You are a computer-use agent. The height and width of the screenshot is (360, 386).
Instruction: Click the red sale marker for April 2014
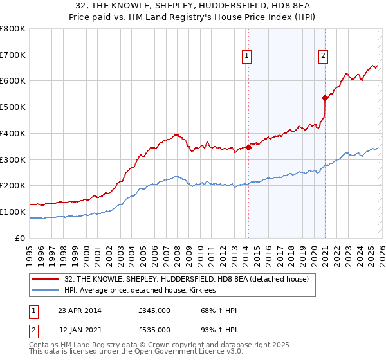248,147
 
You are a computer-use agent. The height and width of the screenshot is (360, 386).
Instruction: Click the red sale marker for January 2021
325,98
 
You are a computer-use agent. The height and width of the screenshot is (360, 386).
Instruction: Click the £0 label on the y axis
21,238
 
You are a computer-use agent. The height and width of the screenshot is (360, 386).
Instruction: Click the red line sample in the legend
46,279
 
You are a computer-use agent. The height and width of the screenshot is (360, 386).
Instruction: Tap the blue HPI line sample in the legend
46,291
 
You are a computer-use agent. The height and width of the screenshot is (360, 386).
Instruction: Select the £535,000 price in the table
154,330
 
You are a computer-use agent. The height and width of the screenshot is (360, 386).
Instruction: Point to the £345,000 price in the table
154,311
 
